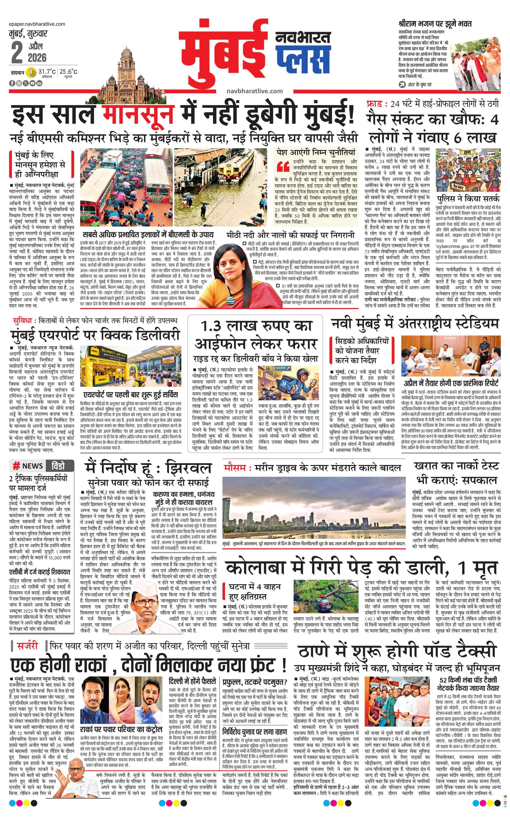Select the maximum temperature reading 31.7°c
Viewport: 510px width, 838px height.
coord(47,72)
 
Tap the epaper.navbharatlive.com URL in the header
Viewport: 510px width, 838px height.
coord(37,24)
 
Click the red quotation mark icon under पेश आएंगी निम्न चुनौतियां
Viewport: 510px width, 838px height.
coord(283,166)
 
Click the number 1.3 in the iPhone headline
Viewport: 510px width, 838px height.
coord(213,326)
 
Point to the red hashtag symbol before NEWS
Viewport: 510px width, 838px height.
coord(16,465)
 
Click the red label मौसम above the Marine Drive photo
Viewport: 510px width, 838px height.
coord(234,468)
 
